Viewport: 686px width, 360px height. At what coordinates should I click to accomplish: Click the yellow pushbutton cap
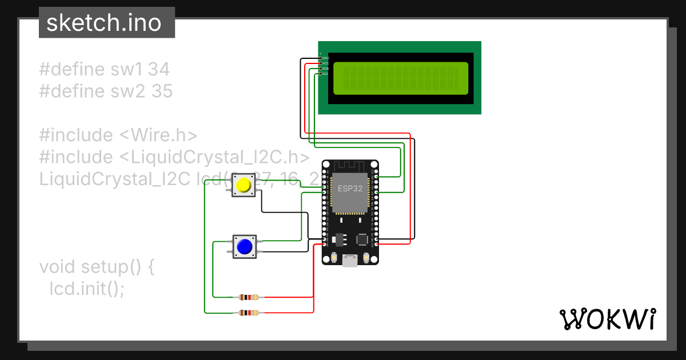[244, 185]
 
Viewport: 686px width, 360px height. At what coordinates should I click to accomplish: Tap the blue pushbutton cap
[244, 246]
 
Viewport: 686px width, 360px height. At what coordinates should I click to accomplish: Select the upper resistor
[248, 297]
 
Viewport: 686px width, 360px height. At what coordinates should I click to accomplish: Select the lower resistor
[248, 313]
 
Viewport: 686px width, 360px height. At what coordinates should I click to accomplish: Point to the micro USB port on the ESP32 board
[350, 261]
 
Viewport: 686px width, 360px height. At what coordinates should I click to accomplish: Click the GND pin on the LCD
[322, 58]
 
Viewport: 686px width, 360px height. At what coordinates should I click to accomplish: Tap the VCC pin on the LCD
[322, 63]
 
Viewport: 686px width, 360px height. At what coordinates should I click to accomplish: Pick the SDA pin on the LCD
[322, 69]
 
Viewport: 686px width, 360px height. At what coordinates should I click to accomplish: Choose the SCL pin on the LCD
[322, 74]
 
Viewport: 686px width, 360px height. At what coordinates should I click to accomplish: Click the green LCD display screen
[401, 78]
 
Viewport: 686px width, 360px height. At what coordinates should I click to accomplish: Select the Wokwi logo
[607, 319]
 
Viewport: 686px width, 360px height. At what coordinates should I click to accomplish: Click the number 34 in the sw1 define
[158, 70]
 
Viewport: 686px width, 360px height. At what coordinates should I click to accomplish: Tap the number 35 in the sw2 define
[162, 91]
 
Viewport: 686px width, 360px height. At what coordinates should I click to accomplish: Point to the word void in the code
[58, 267]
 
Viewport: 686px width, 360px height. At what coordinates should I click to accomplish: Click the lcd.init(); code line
[87, 289]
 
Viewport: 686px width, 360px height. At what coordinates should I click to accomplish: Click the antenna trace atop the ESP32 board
[350, 166]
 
